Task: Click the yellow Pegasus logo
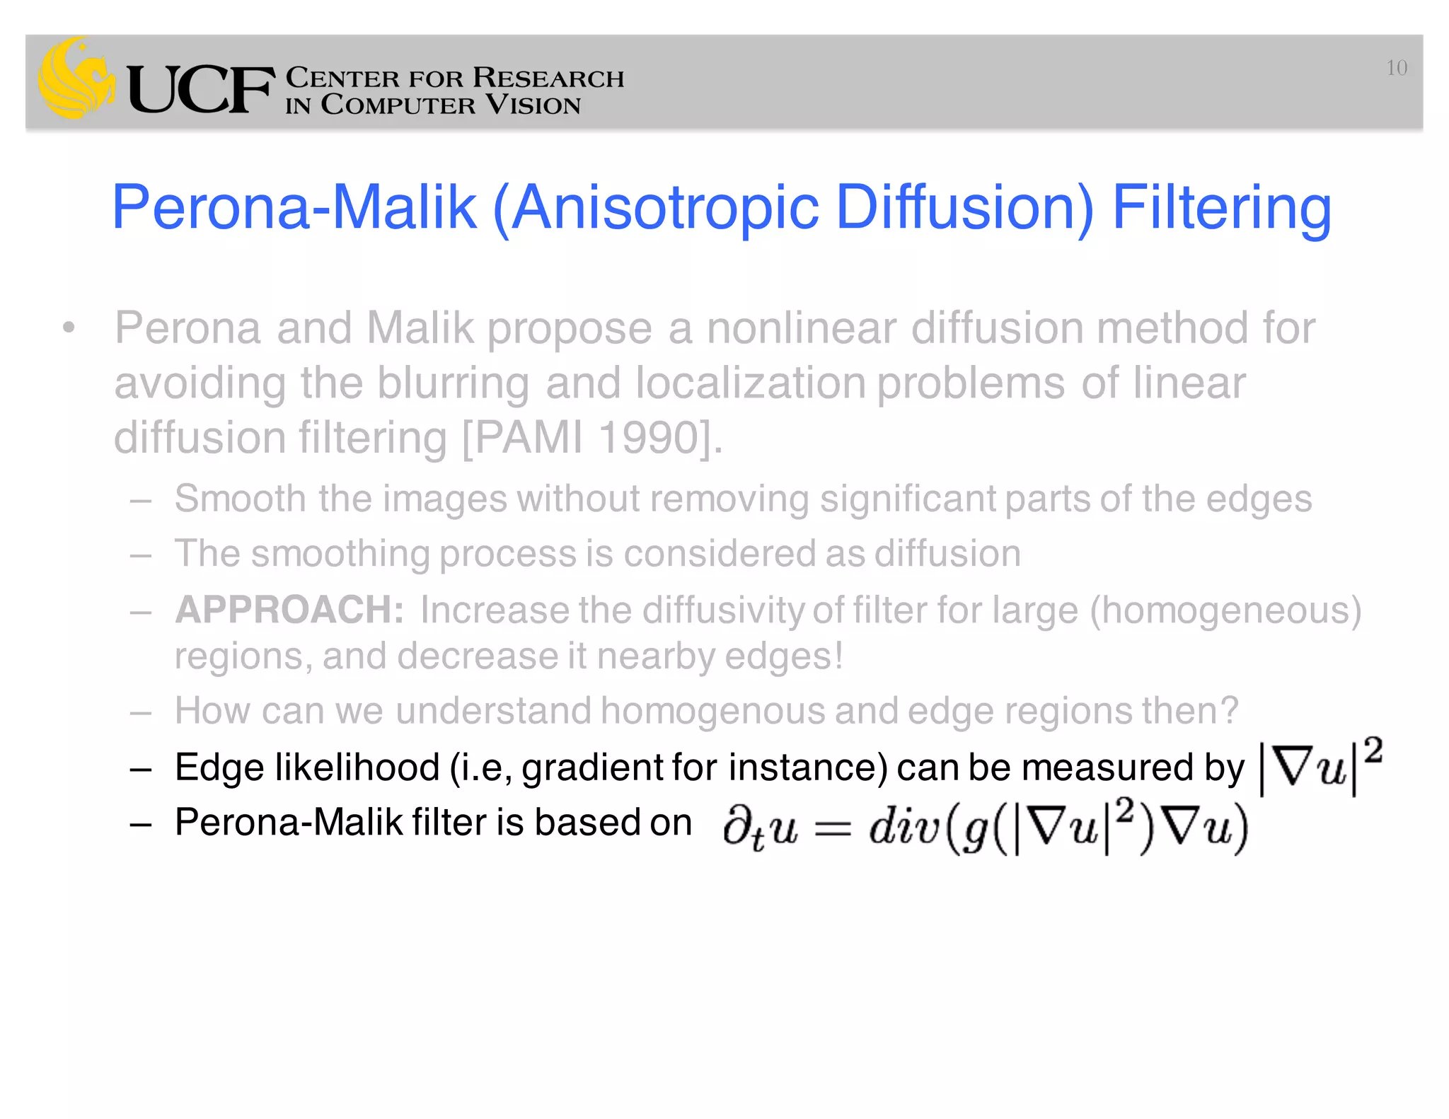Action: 76,78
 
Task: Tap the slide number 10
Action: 1396,68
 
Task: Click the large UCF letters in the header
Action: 201,89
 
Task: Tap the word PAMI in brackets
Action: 528,437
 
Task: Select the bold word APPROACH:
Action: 289,610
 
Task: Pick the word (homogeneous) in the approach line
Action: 1225,610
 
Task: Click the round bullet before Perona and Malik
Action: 69,328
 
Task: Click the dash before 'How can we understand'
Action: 141,712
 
